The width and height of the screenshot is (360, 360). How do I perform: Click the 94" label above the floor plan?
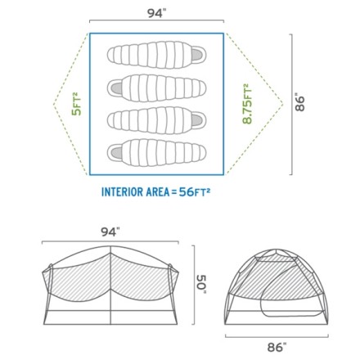point(156,13)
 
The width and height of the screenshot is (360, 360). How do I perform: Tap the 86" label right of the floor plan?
point(299,103)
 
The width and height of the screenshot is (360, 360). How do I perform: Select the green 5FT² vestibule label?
point(76,104)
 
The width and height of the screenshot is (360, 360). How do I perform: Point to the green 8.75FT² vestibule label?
point(247,104)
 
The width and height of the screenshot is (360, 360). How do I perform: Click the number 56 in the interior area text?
point(186,192)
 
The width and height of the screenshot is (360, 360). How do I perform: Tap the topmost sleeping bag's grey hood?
point(196,55)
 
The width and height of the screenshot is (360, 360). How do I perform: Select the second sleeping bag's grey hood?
point(116,88)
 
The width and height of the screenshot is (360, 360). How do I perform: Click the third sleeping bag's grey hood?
point(196,120)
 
